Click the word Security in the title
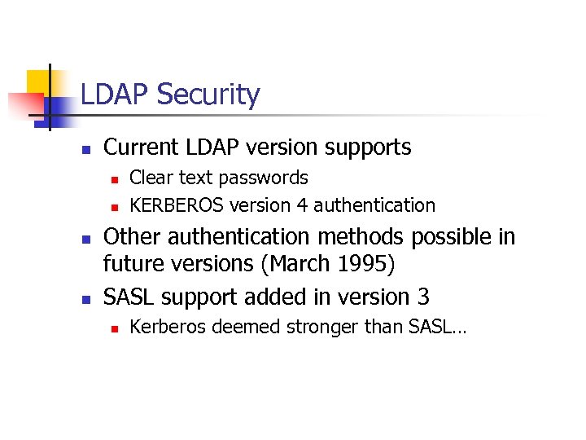tap(208, 95)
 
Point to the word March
tap(329, 264)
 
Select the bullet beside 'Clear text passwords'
tap(116, 178)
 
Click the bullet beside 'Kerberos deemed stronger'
tap(116, 328)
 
